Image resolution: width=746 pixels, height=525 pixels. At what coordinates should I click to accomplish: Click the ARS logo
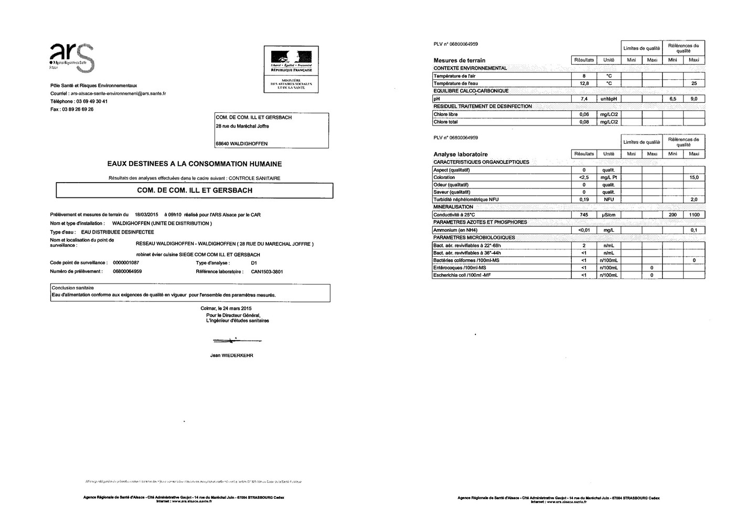pos(71,57)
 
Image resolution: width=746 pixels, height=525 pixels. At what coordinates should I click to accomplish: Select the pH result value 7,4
pos(584,99)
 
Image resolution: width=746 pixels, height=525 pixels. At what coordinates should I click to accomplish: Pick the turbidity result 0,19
pos(584,199)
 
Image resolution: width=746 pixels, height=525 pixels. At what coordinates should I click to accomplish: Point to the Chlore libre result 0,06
pos(584,114)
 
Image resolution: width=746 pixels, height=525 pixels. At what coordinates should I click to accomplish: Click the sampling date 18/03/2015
pos(146,215)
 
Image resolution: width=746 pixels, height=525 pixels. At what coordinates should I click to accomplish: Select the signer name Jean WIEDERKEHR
pos(231,355)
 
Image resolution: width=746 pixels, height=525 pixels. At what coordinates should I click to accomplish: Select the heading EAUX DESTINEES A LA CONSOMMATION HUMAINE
pos(194,164)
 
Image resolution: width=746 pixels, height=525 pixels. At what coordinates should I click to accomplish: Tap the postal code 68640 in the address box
pos(223,143)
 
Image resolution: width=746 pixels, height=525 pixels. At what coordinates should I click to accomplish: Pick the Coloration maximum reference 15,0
pos(694,177)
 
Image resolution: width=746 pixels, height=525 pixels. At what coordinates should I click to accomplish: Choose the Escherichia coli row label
pos(462,275)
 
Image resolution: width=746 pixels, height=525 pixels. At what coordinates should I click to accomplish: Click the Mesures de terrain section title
pos(460,60)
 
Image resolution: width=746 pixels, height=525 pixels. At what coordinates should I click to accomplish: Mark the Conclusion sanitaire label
pos(72,288)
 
